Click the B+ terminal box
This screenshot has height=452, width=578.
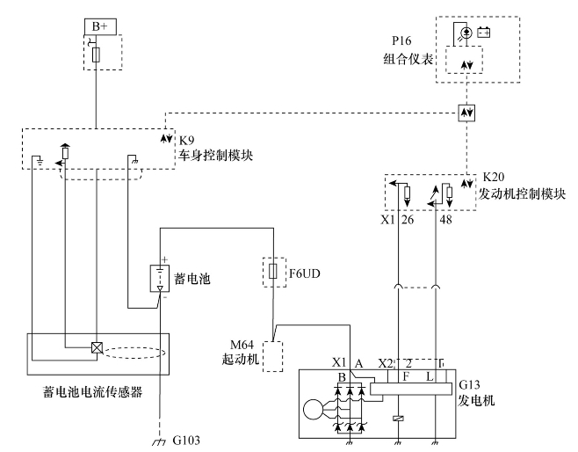96,26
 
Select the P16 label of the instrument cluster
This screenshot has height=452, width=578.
403,40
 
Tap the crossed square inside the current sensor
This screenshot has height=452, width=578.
97,347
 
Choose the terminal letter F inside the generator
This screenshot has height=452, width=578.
405,377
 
